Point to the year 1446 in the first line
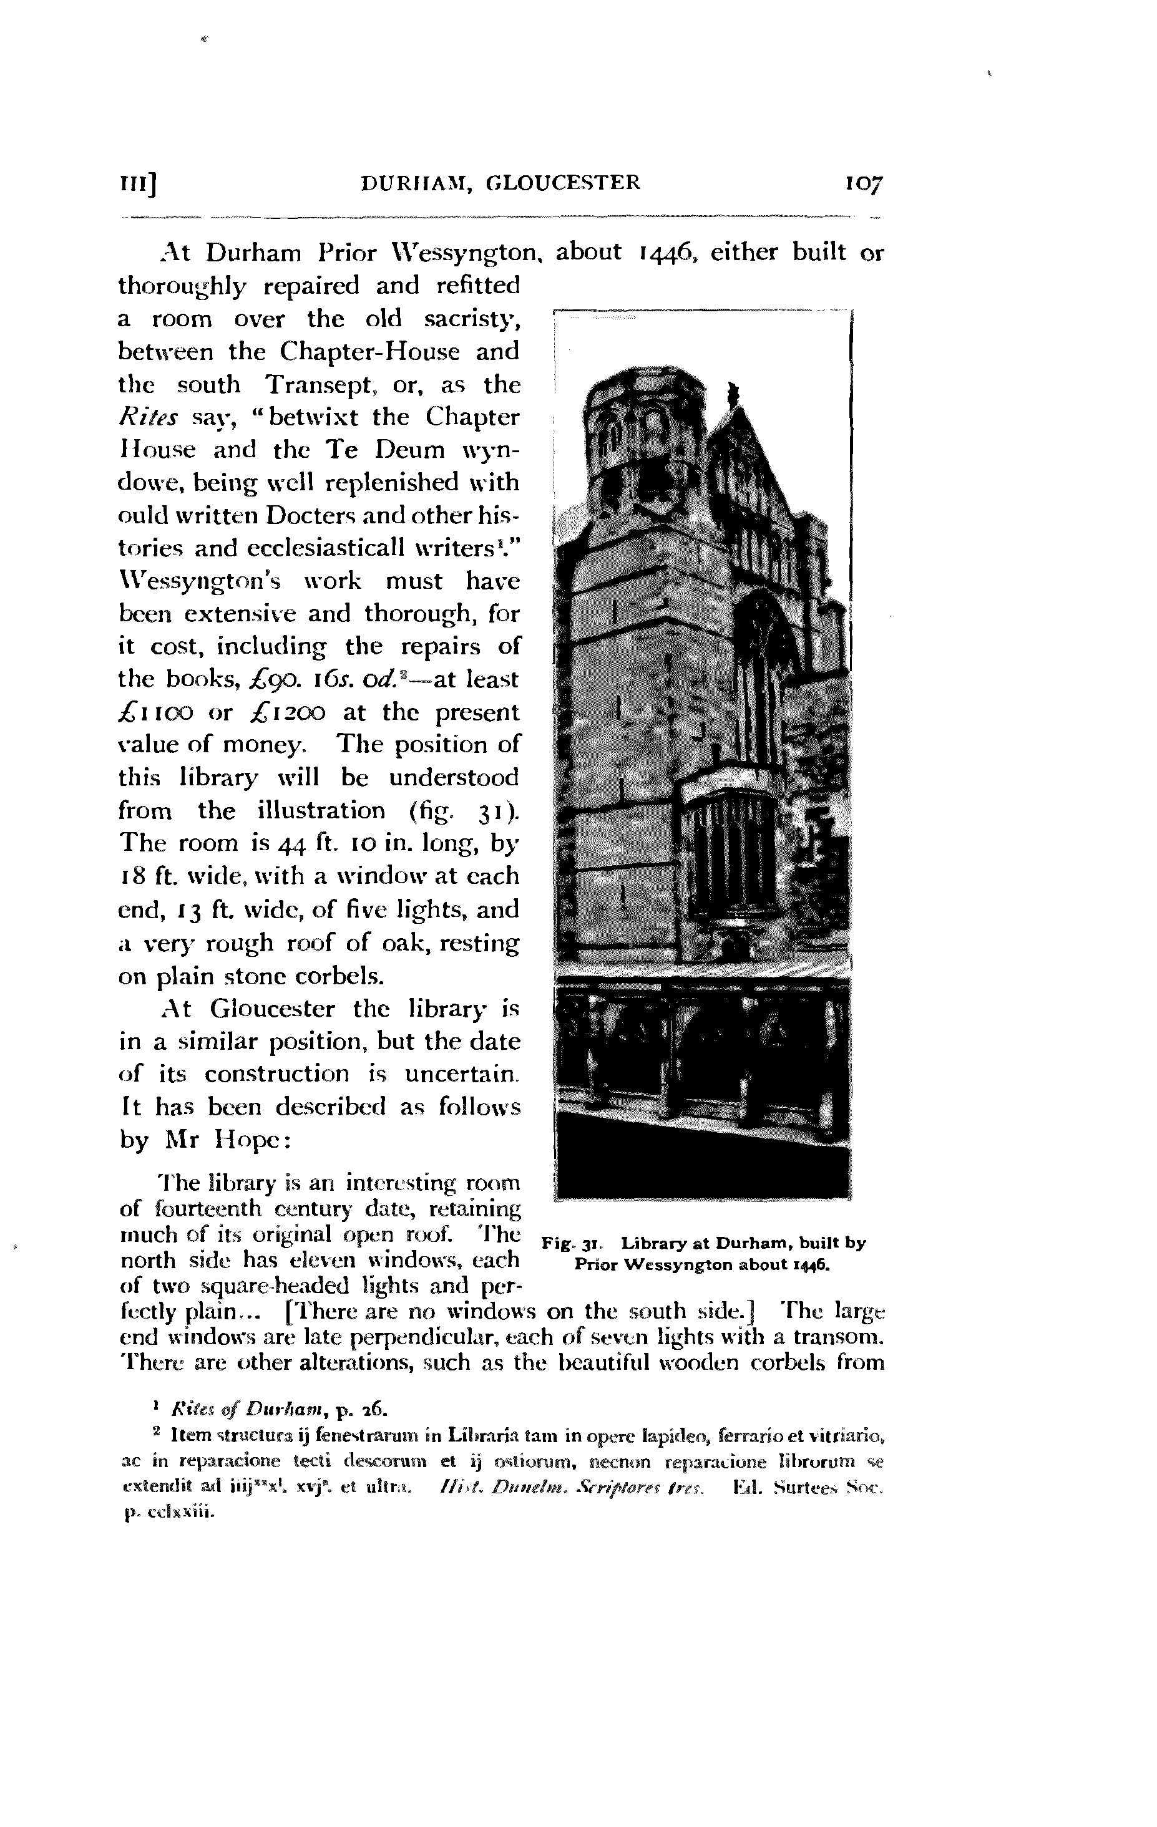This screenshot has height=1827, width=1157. [669, 252]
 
